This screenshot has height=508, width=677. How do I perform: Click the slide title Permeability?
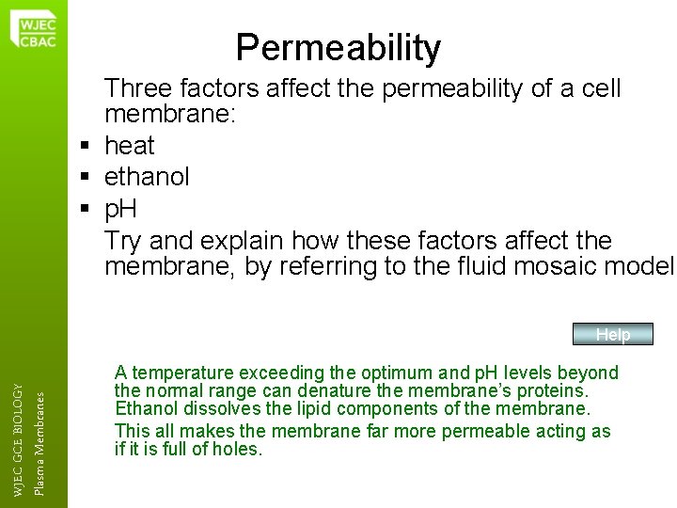click(x=338, y=47)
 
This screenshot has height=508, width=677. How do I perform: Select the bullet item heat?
click(x=130, y=147)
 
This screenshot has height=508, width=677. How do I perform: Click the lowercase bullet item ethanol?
click(x=147, y=177)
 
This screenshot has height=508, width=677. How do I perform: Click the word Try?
click(x=125, y=240)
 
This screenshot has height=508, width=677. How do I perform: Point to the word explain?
click(x=254, y=240)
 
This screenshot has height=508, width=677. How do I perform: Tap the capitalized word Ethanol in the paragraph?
click(x=146, y=408)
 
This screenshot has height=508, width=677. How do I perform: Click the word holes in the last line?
click(x=239, y=449)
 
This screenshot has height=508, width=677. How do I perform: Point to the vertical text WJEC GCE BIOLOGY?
click(x=20, y=429)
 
